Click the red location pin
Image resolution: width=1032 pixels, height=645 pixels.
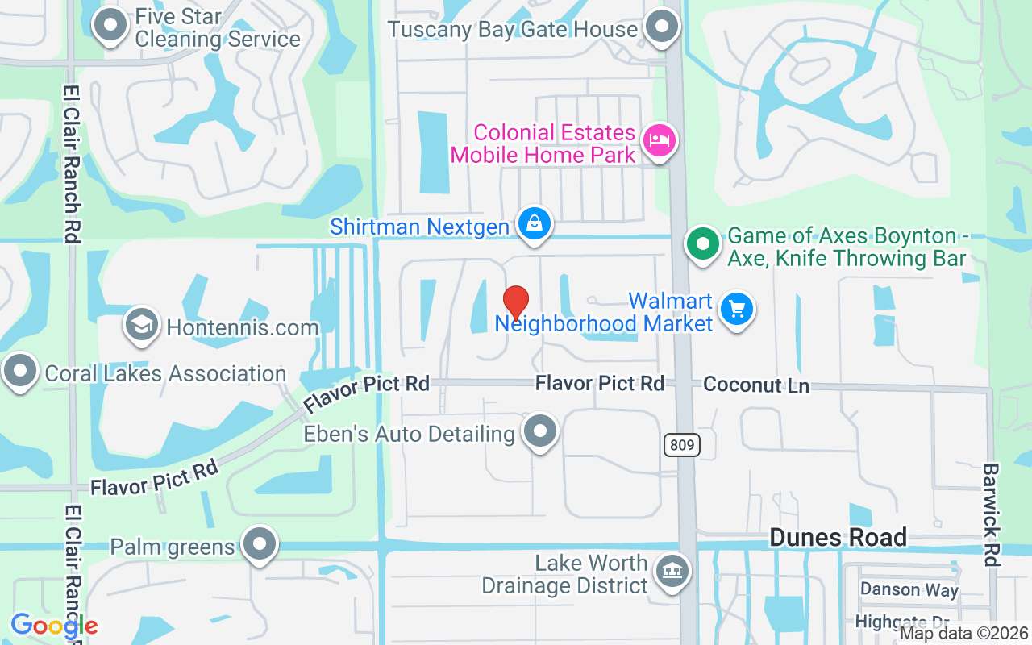click(516, 302)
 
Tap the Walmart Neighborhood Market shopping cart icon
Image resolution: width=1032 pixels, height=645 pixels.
click(736, 309)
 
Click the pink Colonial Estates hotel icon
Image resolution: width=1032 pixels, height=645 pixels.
click(660, 140)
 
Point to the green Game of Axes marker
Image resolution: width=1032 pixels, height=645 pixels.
click(703, 243)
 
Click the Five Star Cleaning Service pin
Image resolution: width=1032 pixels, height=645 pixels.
click(110, 25)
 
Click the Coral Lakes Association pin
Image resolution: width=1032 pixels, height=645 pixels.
click(19, 371)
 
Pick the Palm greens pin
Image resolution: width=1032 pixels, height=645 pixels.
click(260, 544)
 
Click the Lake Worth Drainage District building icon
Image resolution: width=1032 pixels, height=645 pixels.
click(672, 572)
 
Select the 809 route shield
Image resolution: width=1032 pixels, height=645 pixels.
click(682, 444)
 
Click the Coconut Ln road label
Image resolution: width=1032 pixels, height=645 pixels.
click(756, 385)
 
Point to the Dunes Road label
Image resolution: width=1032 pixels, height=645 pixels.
click(838, 537)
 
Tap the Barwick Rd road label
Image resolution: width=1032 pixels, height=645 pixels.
click(991, 514)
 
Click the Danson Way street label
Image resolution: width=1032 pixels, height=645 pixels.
click(909, 589)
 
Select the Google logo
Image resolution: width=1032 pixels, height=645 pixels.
click(54, 626)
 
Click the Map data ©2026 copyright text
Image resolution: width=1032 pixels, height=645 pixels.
click(963, 634)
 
